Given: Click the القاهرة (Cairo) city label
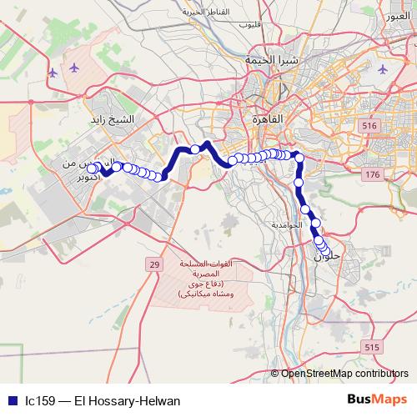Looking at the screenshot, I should click(x=268, y=119).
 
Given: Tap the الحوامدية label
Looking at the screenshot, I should click(x=285, y=225).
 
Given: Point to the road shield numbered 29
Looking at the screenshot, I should click(x=153, y=264).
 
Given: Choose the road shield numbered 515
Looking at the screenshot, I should click(x=371, y=347).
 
